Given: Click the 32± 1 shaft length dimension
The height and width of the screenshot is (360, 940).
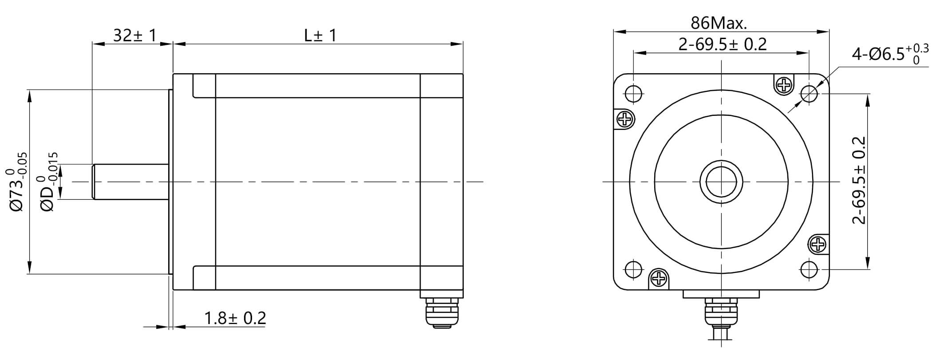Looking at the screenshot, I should (x=134, y=36).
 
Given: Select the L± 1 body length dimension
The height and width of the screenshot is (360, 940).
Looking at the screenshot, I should (x=320, y=36).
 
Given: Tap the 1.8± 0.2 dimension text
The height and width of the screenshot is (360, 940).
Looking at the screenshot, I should (x=235, y=318).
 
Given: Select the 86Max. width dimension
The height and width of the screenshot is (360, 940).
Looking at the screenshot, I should (x=719, y=23).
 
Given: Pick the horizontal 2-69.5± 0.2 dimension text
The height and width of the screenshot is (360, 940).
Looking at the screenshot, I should (x=723, y=44).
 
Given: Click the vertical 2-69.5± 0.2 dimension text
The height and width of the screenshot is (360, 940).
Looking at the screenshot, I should (x=859, y=180).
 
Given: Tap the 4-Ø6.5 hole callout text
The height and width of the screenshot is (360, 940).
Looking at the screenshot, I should (x=890, y=55).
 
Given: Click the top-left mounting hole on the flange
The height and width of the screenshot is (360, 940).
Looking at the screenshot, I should (x=633, y=94).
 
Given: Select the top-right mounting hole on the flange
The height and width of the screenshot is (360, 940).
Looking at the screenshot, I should (x=809, y=94).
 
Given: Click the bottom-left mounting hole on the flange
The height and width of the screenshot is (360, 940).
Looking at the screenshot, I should (x=633, y=269).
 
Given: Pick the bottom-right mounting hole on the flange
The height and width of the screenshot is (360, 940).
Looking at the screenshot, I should (x=809, y=269).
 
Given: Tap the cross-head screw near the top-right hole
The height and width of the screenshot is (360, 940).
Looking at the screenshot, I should (x=785, y=84).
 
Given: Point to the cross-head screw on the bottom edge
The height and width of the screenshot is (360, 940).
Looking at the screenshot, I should (x=659, y=278).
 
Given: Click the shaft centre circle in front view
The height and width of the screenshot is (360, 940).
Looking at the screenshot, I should (x=721, y=182).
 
